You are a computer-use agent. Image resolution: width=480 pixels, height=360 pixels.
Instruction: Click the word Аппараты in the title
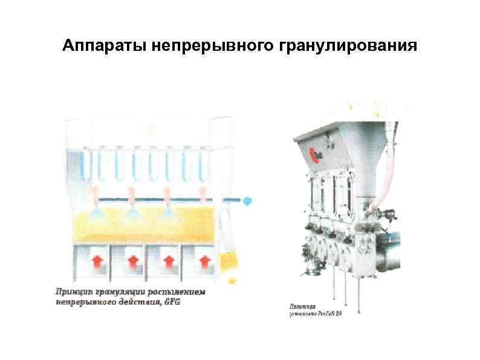pyautogui.click(x=97, y=46)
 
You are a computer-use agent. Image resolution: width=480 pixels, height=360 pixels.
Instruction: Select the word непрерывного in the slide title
pyautogui.click(x=207, y=46)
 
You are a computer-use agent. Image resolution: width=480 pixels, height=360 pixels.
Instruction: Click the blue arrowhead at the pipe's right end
pyautogui.click(x=248, y=198)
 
